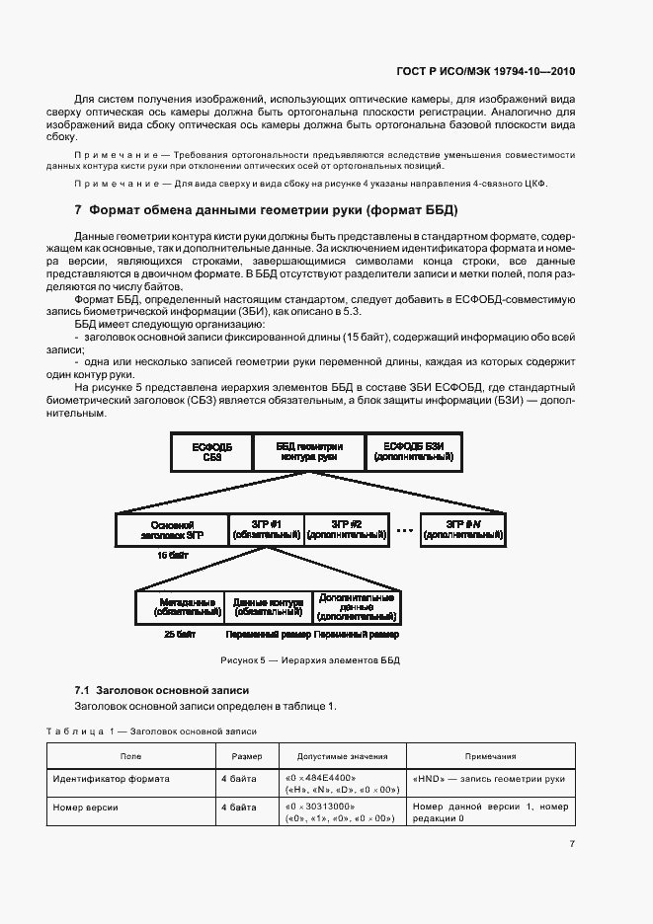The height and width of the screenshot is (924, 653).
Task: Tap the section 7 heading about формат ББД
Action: [x=267, y=210]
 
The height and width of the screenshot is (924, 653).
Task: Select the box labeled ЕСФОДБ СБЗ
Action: [x=212, y=451]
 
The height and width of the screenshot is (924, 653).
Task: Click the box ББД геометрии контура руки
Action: [x=308, y=451]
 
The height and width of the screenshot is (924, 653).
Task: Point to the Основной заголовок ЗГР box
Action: [x=171, y=530]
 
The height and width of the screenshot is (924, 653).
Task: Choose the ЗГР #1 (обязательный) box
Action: [x=265, y=530]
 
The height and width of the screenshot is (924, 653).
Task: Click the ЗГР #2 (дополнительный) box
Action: [x=346, y=530]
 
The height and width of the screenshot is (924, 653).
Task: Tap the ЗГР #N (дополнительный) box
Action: [x=463, y=530]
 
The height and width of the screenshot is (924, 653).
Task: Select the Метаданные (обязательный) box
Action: [x=180, y=606]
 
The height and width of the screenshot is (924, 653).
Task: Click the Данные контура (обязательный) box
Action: [x=267, y=606]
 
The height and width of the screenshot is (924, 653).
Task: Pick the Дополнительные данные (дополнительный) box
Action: [x=356, y=606]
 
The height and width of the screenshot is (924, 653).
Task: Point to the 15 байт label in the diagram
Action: [x=172, y=556]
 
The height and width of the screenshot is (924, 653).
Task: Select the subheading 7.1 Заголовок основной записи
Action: [x=162, y=690]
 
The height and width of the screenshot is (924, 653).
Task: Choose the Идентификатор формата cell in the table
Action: [x=112, y=779]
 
